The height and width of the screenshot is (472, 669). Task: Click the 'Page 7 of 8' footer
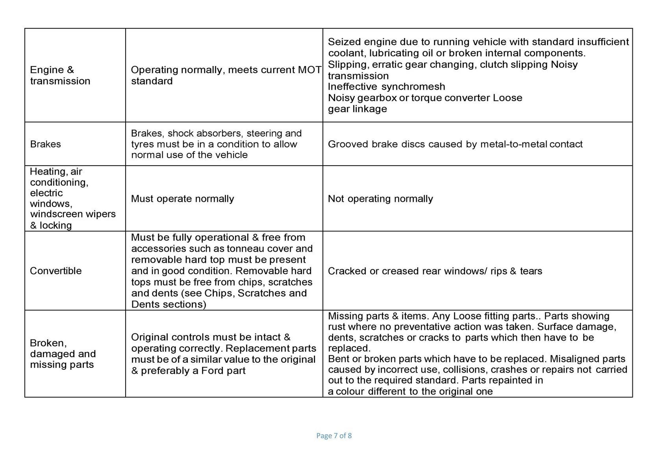pos(334,436)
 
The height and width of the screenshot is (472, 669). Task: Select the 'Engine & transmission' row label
pos(60,75)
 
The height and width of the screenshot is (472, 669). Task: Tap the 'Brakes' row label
pos(45,144)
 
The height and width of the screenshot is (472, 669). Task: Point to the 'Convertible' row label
pos(56,271)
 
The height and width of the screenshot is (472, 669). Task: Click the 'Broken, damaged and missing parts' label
pos(63,354)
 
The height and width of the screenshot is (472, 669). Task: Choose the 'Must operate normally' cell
pos(182,198)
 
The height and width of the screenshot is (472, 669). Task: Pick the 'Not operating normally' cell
pos(380,198)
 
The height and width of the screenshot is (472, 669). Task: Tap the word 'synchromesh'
pos(413,86)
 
